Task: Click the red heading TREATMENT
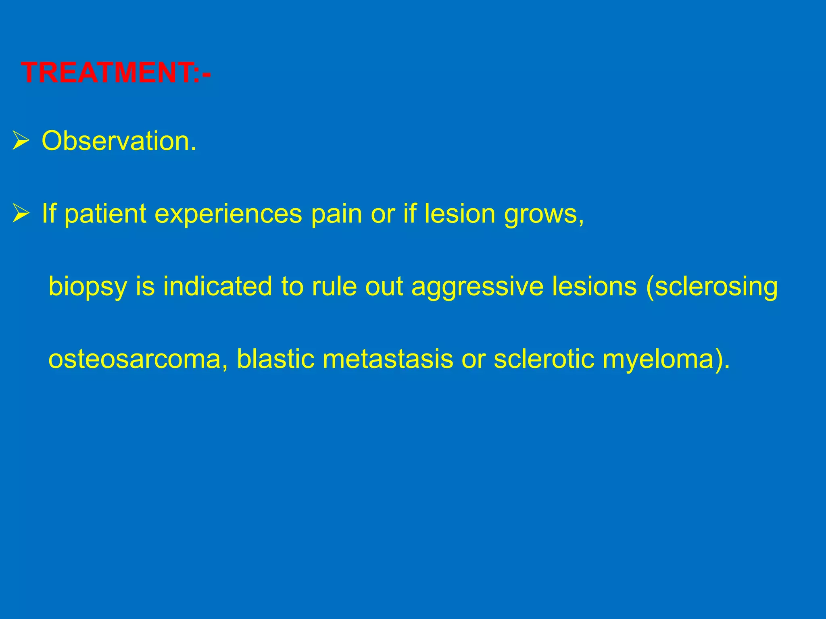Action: pyautogui.click(x=115, y=73)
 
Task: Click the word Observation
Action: pyautogui.click(x=119, y=141)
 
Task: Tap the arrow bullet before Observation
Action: pyautogui.click(x=21, y=141)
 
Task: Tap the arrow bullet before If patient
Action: pyautogui.click(x=21, y=214)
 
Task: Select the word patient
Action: pyautogui.click(x=105, y=214)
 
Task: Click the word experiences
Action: pyautogui.click(x=228, y=214)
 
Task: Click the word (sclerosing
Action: pyautogui.click(x=712, y=287)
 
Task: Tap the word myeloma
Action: pyautogui.click(x=661, y=360)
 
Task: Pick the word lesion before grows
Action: pyautogui.click(x=460, y=214)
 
